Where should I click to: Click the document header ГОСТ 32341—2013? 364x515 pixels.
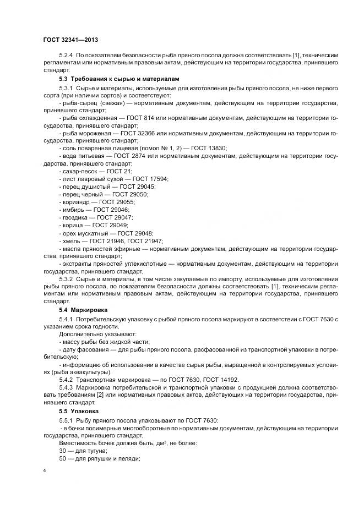pyautogui.click(x=70, y=40)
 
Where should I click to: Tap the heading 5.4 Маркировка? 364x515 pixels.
pyautogui.click(x=83, y=310)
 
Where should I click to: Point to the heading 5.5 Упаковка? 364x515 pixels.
pyautogui.click(x=79, y=410)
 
